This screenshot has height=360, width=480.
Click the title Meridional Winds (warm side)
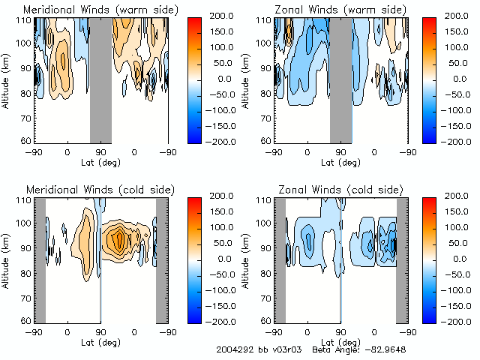[x=100, y=9]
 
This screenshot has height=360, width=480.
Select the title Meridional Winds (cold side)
[x=100, y=188]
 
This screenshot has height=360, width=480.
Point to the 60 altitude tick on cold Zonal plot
[x=267, y=320]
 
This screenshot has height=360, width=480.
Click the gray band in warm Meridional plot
[x=100, y=79]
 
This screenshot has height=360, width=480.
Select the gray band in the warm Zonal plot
[x=340, y=79]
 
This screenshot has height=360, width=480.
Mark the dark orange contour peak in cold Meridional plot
[x=118, y=239]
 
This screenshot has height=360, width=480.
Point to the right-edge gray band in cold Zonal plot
[x=402, y=259]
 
